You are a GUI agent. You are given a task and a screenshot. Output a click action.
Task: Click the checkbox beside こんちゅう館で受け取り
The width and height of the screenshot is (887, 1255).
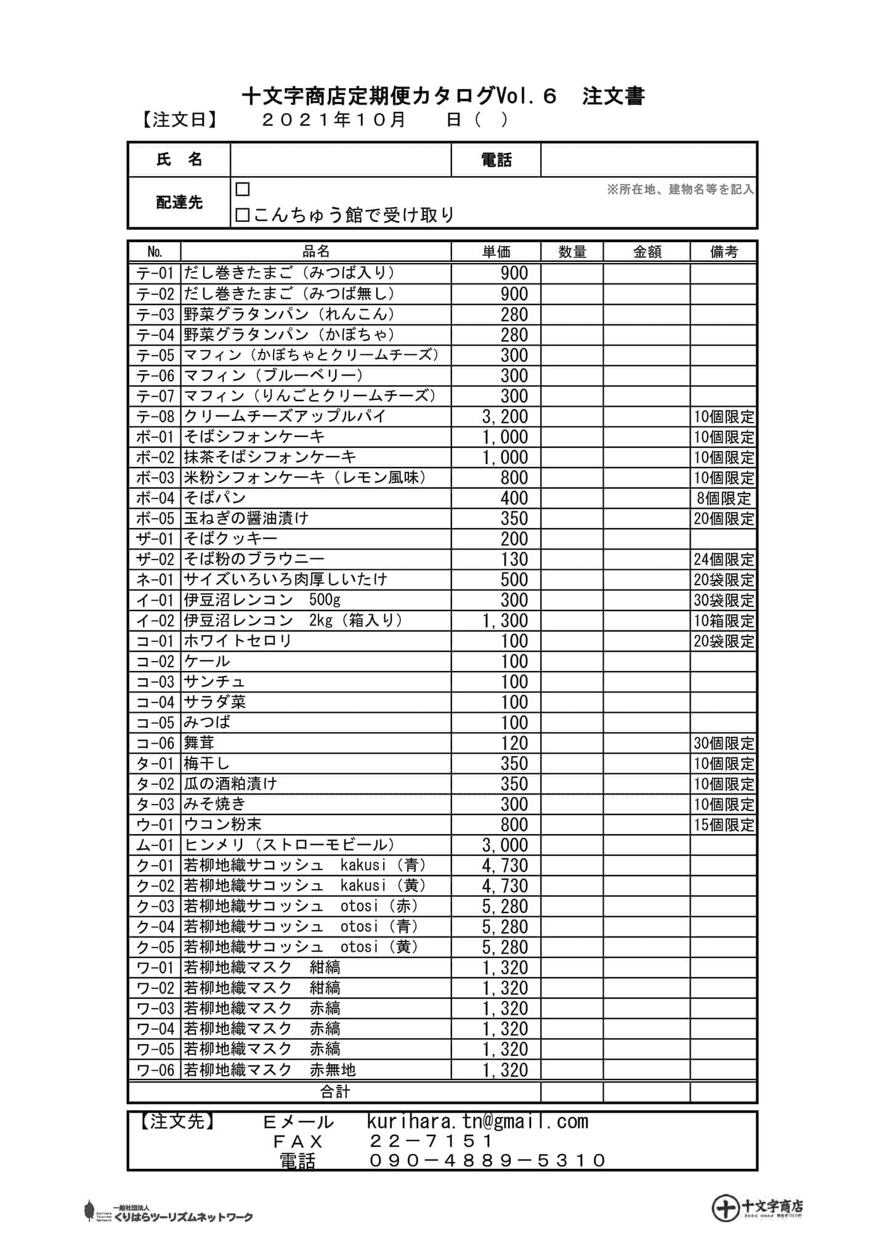243,215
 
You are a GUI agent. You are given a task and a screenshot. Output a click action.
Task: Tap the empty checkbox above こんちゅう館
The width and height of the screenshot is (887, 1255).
243,189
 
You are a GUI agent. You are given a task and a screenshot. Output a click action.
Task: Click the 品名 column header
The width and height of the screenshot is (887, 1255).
316,251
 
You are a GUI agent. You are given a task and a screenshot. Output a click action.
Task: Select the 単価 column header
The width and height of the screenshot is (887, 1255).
496,251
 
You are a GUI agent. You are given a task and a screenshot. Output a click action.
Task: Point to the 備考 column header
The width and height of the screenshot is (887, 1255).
723,251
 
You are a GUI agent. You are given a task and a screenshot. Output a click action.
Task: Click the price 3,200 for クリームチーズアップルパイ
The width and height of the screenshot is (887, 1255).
505,416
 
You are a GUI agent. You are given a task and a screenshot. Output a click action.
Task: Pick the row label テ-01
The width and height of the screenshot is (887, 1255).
155,273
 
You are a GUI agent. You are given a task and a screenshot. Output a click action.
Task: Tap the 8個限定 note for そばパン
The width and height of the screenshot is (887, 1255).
724,498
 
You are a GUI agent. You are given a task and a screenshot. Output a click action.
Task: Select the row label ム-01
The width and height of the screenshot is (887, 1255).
155,845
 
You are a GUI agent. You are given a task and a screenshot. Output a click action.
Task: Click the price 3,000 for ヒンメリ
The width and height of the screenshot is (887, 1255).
505,845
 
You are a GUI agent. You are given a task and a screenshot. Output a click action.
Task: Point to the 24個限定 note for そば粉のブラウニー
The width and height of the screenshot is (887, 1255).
724,559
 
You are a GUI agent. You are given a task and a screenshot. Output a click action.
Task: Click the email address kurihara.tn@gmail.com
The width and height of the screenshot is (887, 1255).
477,1121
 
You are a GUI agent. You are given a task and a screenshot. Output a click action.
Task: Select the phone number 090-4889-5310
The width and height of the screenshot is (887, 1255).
487,1161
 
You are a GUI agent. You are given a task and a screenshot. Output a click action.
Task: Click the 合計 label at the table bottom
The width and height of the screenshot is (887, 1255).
334,1092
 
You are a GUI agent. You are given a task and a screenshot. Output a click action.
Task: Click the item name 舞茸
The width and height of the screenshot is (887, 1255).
199,743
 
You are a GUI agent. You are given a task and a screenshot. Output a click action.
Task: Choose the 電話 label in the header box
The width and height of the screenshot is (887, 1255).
496,160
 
